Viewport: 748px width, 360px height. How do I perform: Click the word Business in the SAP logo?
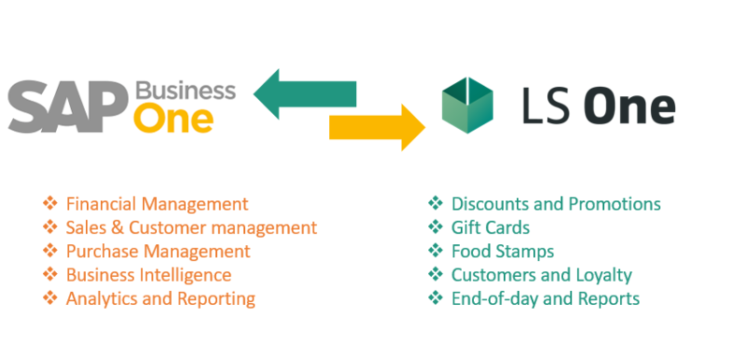click(x=185, y=91)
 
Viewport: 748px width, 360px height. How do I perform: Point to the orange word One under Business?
click(x=173, y=120)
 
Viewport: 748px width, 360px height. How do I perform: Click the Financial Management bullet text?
click(x=157, y=204)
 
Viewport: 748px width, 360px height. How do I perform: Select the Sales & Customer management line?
click(x=191, y=227)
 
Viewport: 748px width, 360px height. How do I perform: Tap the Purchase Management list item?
click(x=158, y=252)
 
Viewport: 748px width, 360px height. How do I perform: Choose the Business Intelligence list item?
click(x=149, y=275)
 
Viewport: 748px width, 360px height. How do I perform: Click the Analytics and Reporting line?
click(x=160, y=299)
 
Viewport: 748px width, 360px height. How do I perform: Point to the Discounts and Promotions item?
click(x=555, y=204)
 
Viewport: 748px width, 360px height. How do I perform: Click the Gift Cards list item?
click(x=490, y=227)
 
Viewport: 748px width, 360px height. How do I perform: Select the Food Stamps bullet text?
click(x=502, y=252)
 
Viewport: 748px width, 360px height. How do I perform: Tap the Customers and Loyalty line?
click(x=541, y=275)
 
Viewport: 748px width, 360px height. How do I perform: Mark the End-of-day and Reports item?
click(x=545, y=299)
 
